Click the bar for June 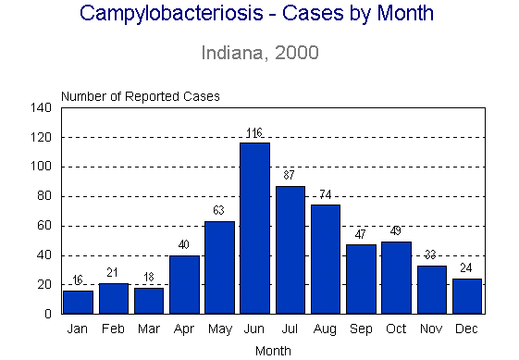[254, 229]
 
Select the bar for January [78, 303]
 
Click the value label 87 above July [290, 176]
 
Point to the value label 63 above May [219, 211]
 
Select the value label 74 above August [326, 195]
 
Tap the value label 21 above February [113, 273]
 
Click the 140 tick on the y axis [41, 108]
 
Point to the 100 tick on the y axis [41, 168]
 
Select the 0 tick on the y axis [47, 315]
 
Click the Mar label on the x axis [148, 329]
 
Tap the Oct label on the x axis [396, 329]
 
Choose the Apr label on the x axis [184, 329]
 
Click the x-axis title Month [272, 351]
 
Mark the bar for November [432, 290]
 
